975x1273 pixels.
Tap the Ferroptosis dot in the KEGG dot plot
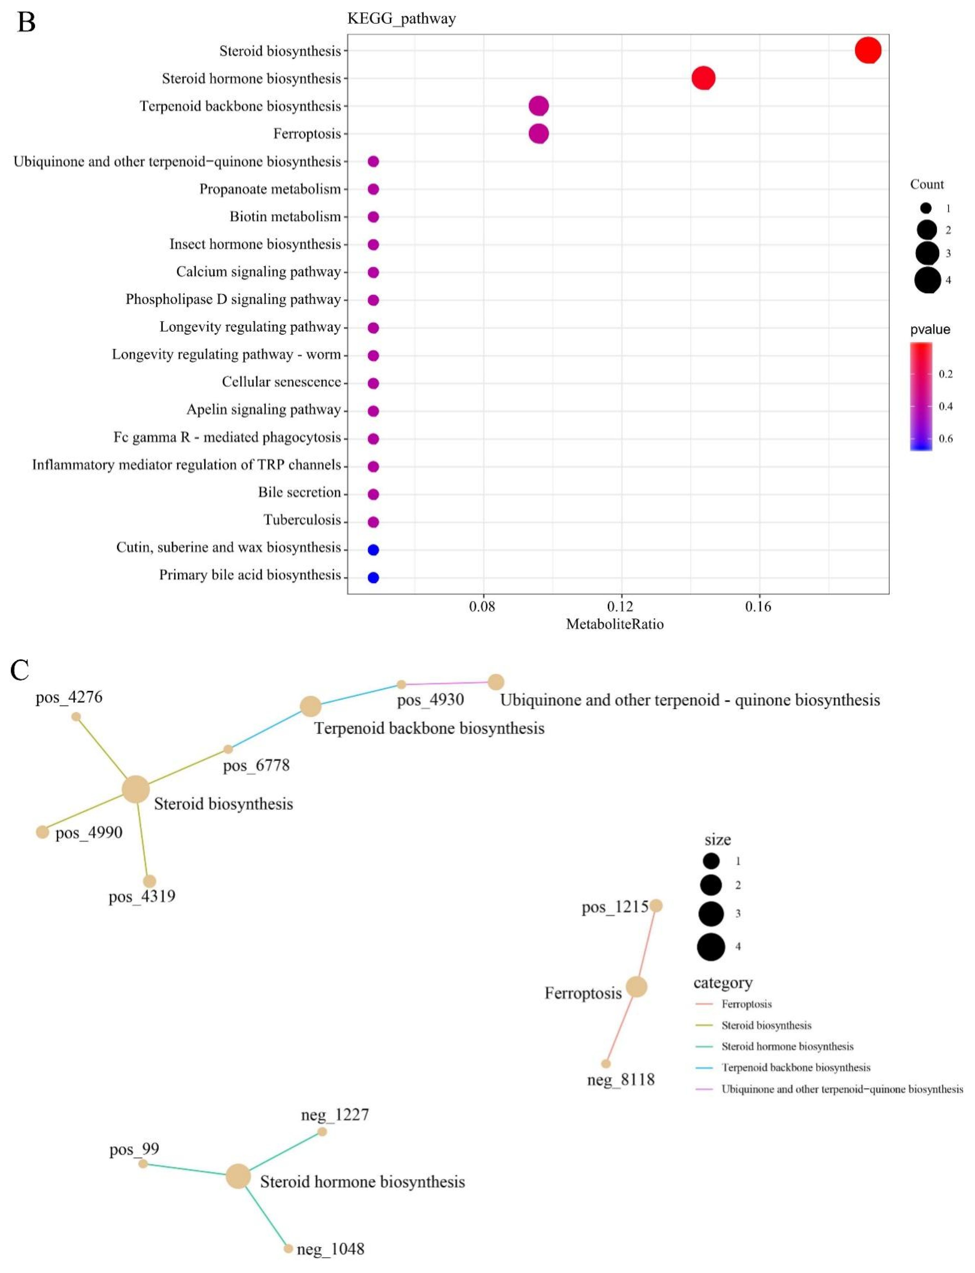(x=539, y=134)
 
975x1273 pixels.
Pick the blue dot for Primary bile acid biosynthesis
(x=373, y=577)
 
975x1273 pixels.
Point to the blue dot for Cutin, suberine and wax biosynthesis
(x=373, y=549)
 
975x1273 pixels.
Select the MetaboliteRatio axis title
(x=615, y=624)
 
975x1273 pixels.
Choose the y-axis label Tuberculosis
(x=302, y=520)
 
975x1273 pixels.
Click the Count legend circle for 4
(x=927, y=280)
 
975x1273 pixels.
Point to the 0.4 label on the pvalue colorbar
(x=945, y=406)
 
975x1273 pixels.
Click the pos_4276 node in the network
(x=76, y=717)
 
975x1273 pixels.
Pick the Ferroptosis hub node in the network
(x=636, y=986)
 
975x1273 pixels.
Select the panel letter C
(x=20, y=670)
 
